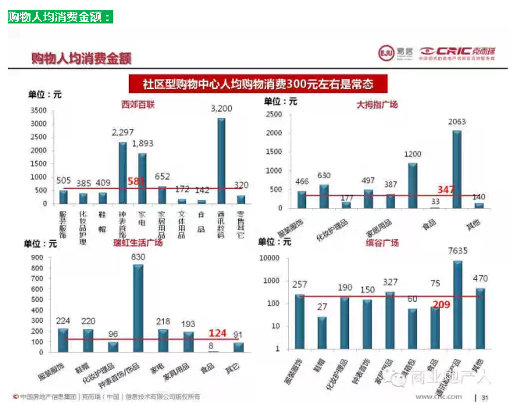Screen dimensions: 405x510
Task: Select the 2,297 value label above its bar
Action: [123, 132]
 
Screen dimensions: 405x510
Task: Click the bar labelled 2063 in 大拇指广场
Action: [457, 168]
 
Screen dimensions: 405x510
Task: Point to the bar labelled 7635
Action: [458, 304]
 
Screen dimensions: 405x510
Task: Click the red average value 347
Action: [446, 190]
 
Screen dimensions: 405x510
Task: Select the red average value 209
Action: [441, 304]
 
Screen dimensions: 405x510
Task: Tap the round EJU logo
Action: [384, 52]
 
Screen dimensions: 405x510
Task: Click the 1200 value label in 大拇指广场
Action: [412, 155]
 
